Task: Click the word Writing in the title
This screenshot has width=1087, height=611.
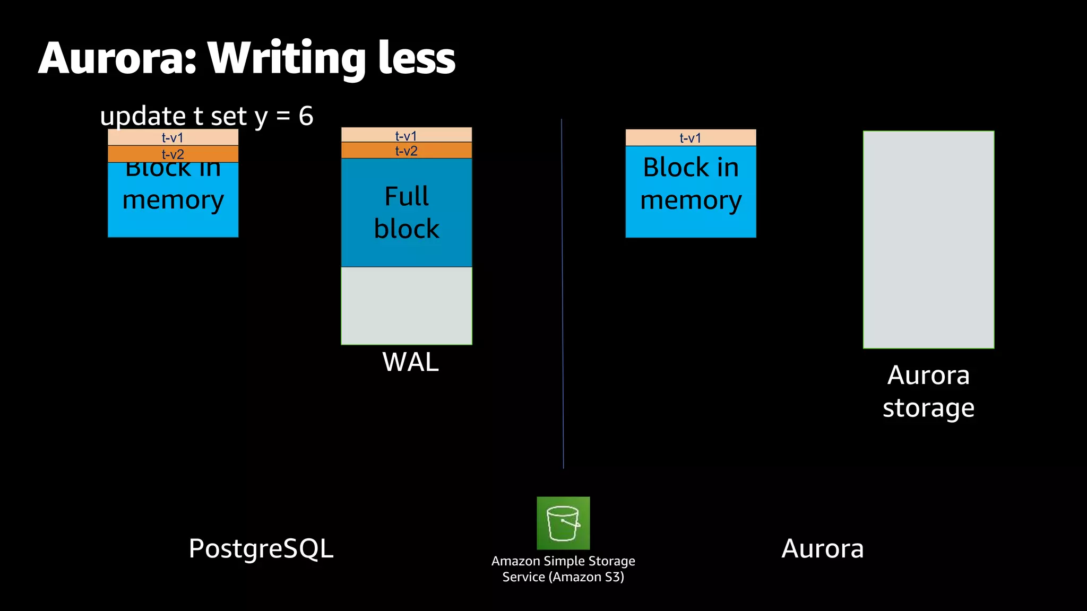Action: pos(287,59)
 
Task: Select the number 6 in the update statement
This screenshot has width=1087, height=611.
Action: pos(306,116)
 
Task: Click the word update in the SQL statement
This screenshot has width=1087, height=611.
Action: pos(143,117)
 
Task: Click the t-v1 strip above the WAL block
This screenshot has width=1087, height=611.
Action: pos(406,136)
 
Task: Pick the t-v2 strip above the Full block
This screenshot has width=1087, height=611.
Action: pos(406,151)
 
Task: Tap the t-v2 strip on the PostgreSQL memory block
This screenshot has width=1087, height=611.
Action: pos(173,154)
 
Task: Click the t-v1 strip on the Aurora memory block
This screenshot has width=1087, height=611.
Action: pos(691,138)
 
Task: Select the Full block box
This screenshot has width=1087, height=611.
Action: pos(407,213)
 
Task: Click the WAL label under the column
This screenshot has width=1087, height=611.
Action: pos(410,362)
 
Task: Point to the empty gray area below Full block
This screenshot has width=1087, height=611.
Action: pos(407,305)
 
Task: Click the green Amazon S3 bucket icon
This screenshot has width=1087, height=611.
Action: pos(563,523)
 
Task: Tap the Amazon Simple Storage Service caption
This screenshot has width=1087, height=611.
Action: pos(563,569)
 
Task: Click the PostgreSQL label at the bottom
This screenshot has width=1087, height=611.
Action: pos(261,548)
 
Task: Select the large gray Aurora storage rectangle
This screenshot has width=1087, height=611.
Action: pos(928,239)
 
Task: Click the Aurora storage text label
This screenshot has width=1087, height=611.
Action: pos(928,391)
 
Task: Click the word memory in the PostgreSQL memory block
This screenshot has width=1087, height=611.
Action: pos(173,200)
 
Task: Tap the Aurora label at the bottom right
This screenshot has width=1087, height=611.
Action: pos(822,548)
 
